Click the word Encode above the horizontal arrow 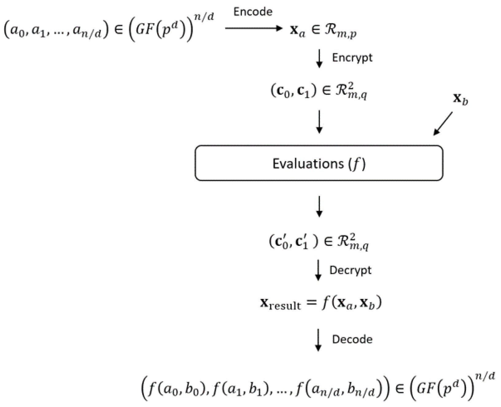tap(253, 12)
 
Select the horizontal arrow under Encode tap(254, 29)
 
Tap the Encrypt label tap(352, 58)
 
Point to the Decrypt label tap(350, 270)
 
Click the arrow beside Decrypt tap(318, 270)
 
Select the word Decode tap(352, 339)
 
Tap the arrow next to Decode tap(318, 340)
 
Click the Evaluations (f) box tap(319, 163)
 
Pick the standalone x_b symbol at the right tap(460, 99)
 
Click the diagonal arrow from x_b tap(443, 123)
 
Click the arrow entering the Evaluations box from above tap(319, 122)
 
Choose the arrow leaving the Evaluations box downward tap(319, 206)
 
